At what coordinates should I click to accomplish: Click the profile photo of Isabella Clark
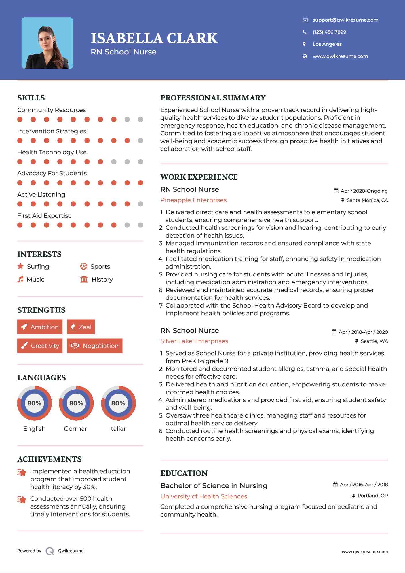(x=47, y=43)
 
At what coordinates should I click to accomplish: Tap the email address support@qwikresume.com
(x=345, y=20)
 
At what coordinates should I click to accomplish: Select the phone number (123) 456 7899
(x=329, y=32)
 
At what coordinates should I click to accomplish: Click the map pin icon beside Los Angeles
(x=304, y=44)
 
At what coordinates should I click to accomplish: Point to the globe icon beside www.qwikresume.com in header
(x=305, y=56)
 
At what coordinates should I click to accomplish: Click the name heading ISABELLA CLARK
(x=154, y=38)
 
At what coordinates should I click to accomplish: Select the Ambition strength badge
(x=40, y=327)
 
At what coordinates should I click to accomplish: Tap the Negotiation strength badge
(x=94, y=346)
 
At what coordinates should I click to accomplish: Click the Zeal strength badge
(x=81, y=327)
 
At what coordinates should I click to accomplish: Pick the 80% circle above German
(x=76, y=403)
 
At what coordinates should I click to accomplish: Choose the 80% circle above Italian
(x=118, y=403)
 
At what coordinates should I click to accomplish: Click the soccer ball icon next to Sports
(x=83, y=266)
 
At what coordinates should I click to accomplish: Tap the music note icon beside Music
(x=20, y=279)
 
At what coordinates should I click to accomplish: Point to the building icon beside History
(x=84, y=279)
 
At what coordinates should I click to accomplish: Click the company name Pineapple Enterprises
(x=193, y=200)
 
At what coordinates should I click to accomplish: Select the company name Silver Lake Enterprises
(x=194, y=341)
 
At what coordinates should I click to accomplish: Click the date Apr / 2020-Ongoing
(x=364, y=191)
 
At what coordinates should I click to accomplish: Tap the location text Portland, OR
(x=372, y=496)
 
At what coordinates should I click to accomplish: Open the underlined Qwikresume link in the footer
(x=71, y=551)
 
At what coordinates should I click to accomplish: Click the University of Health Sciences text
(x=204, y=496)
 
